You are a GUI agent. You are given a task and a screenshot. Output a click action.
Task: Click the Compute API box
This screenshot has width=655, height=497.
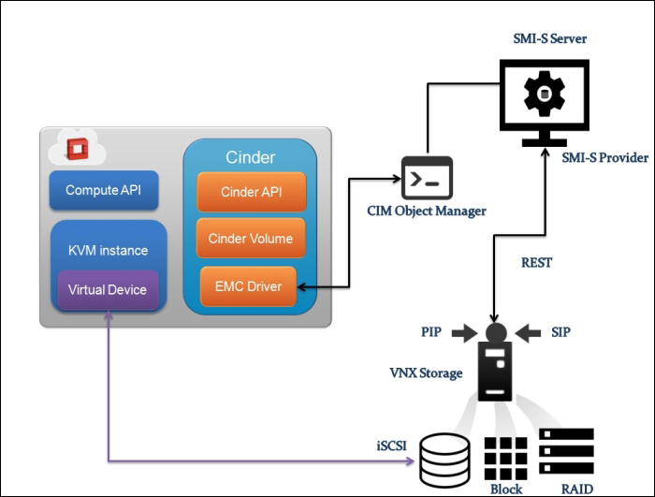[x=104, y=190]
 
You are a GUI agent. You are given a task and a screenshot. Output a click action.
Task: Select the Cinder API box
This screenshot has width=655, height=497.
[x=251, y=191]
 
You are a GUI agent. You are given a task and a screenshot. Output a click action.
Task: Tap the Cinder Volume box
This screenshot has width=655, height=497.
[x=251, y=238]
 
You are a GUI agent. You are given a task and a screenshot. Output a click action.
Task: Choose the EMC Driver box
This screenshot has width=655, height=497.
[x=248, y=285]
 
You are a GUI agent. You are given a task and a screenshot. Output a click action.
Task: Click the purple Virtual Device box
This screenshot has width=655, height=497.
[x=108, y=289]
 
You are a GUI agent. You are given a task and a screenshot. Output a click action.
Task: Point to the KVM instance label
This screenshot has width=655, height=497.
[x=108, y=250]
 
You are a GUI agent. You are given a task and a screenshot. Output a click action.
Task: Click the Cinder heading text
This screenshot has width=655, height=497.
[x=250, y=157]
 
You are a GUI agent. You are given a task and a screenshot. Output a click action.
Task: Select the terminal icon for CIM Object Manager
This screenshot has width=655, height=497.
[x=427, y=178]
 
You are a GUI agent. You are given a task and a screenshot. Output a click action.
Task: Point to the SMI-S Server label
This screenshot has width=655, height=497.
[x=542, y=38]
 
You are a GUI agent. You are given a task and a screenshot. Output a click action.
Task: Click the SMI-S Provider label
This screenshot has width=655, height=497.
[x=604, y=158]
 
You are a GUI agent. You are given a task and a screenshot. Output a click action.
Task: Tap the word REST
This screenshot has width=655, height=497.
[x=536, y=263]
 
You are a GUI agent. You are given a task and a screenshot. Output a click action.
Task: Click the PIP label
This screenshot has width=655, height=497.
[x=431, y=331]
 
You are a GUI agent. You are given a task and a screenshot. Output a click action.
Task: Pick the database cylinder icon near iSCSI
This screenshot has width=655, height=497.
[x=445, y=458]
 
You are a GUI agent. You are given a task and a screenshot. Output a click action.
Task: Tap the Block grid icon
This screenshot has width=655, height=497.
[x=505, y=456]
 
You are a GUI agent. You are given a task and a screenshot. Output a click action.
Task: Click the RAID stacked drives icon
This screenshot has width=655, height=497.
[x=566, y=455]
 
